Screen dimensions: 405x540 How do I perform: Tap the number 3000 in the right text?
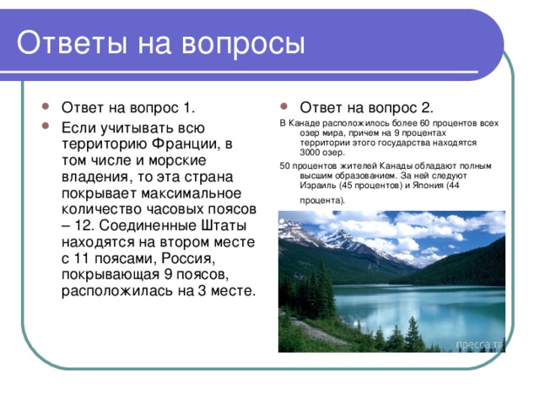313,152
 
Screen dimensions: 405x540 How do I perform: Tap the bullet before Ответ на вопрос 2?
288,108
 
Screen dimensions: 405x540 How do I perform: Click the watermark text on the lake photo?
479,345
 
